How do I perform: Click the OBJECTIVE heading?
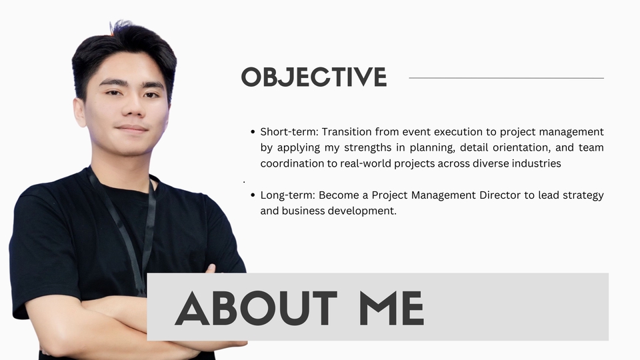point(314,77)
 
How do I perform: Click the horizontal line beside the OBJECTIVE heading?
point(506,78)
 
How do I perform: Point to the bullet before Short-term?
point(253,132)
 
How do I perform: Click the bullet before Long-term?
point(253,195)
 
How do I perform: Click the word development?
point(363,211)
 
